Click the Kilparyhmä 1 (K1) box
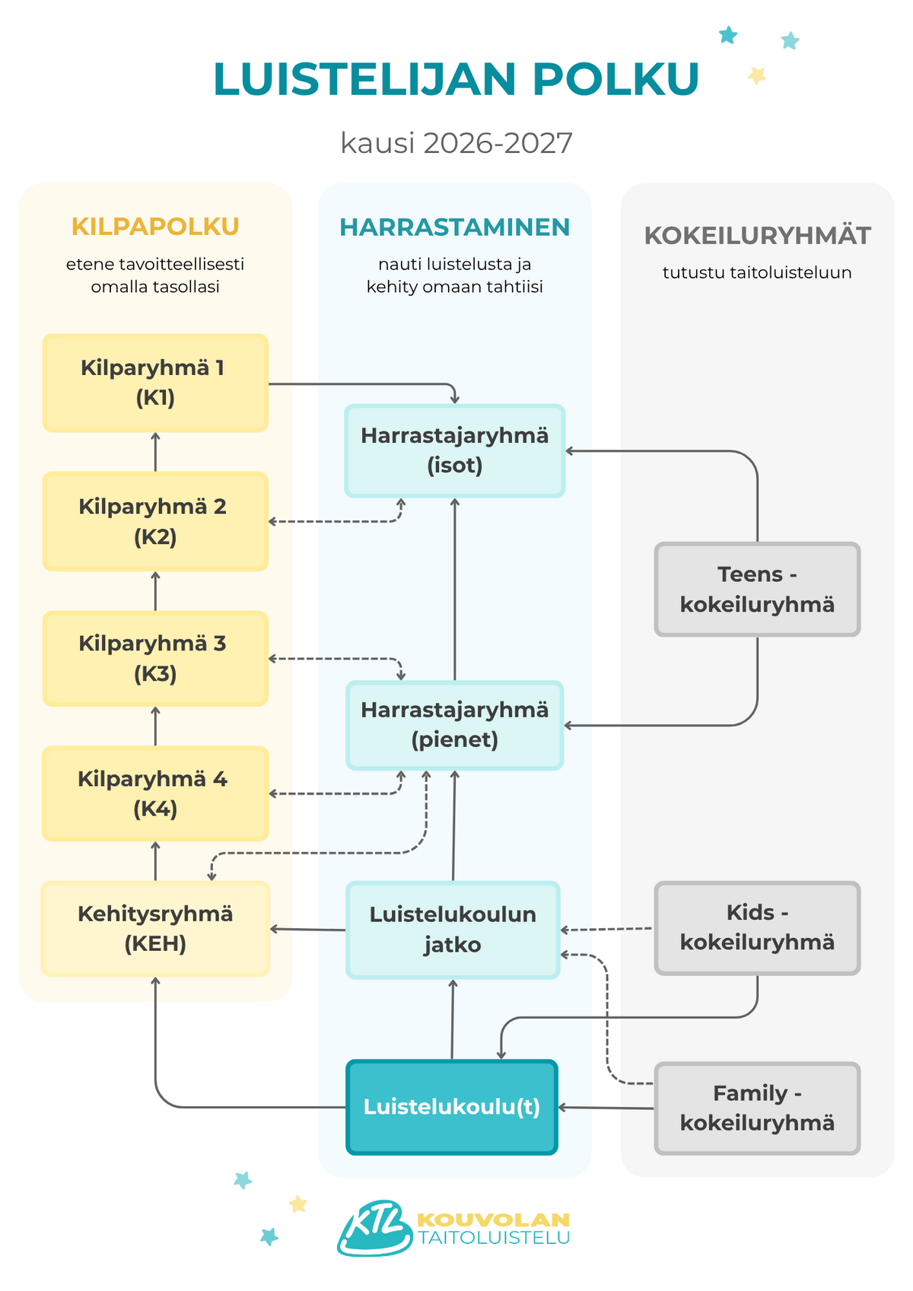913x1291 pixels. (x=155, y=383)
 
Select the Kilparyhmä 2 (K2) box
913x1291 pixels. (x=155, y=522)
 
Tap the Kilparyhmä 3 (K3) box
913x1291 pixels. (x=155, y=659)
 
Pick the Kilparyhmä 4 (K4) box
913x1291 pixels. (x=155, y=793)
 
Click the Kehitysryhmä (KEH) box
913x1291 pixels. (x=155, y=928)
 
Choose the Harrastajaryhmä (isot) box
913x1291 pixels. (x=455, y=450)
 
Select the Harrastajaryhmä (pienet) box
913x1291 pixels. (x=455, y=725)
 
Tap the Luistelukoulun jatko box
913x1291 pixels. (x=453, y=930)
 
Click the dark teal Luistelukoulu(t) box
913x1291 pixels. (x=452, y=1107)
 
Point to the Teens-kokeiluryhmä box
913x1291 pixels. (x=757, y=590)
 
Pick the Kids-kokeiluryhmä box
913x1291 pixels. (x=757, y=928)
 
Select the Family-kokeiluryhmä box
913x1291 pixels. (x=757, y=1108)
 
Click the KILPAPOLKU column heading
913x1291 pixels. (x=155, y=227)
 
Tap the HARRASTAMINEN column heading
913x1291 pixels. (x=455, y=227)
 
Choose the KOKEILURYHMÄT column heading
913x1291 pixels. (x=757, y=235)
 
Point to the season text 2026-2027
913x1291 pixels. (x=498, y=142)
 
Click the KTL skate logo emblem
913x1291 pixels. (x=375, y=1228)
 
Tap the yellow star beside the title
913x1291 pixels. (x=757, y=75)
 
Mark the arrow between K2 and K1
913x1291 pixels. (x=155, y=452)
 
